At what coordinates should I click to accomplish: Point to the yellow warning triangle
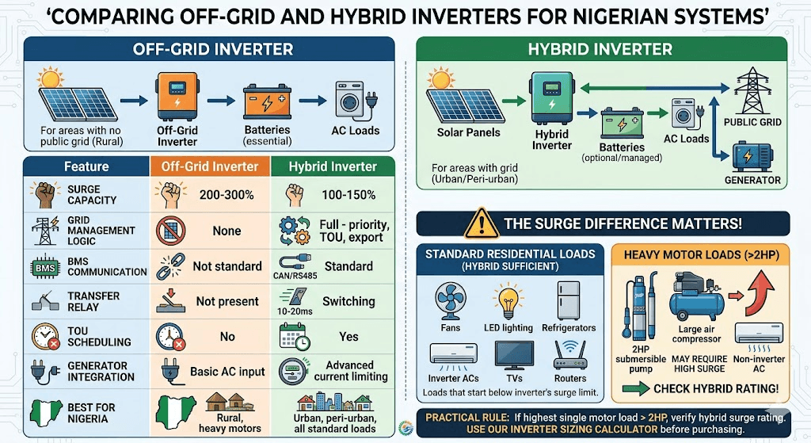(x=479, y=222)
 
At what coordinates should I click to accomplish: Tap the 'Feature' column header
(x=86, y=166)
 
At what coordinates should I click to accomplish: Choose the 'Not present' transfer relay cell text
(x=227, y=301)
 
